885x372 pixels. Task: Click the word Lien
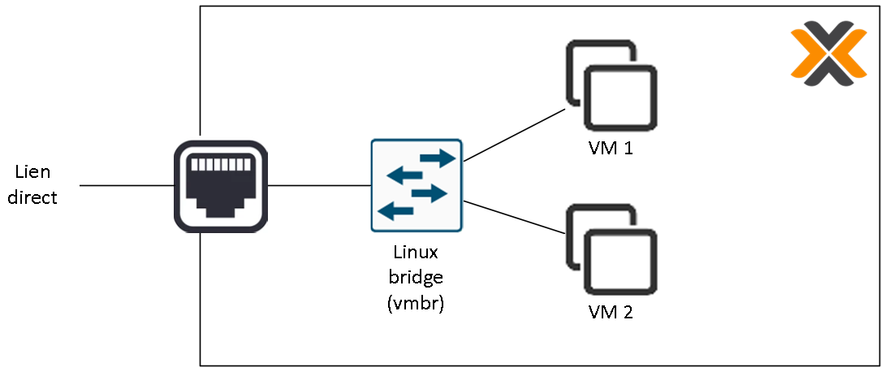click(32, 171)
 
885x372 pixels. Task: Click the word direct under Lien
click(32, 197)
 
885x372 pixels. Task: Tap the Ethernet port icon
click(221, 186)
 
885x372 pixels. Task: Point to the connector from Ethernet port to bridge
click(319, 186)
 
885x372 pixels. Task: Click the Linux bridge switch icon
click(417, 185)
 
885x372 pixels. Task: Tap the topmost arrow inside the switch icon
click(436, 158)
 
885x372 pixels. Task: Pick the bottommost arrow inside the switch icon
click(397, 212)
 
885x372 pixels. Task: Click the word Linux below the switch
click(416, 253)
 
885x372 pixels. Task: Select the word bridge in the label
click(416, 278)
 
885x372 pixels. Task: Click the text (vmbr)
click(416, 304)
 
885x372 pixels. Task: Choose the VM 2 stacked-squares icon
click(611, 250)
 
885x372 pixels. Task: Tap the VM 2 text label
click(611, 312)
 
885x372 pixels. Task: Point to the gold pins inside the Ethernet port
click(221, 165)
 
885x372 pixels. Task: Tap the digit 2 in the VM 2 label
click(626, 312)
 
